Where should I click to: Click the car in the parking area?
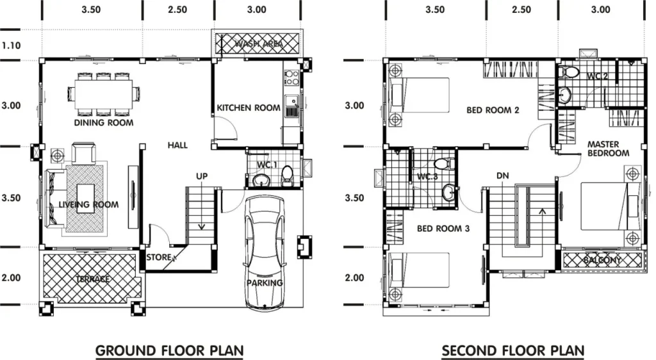coord(265,254)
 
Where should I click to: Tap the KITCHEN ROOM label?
coord(249,108)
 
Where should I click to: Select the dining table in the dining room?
coord(103,94)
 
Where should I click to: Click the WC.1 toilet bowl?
coord(288,175)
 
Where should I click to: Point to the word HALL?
coord(177,145)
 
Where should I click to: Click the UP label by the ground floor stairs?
coord(202,176)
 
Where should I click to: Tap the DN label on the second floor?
coord(502,176)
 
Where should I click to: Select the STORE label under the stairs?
coord(159,257)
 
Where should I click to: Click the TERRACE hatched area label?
coord(92,279)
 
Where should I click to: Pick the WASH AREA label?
coord(258,44)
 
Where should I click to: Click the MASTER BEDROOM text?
coord(608,149)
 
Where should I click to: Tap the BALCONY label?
coord(602,260)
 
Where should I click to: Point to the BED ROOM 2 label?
coord(493,110)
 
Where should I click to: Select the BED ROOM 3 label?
coord(443,229)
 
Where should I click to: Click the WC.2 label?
coord(597,76)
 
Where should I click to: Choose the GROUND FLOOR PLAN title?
coord(169,350)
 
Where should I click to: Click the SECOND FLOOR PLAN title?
coord(513,350)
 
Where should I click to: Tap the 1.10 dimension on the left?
coord(11,45)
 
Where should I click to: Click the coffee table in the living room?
coord(85,199)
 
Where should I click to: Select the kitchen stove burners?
coord(291,78)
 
